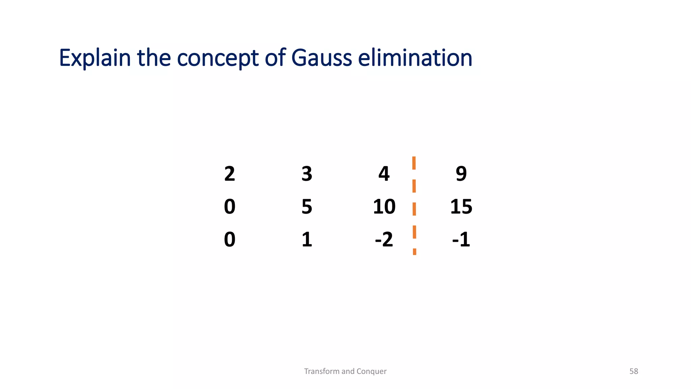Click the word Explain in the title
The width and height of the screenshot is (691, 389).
pyautogui.click(x=95, y=58)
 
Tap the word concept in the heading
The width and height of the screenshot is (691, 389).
pyautogui.click(x=218, y=58)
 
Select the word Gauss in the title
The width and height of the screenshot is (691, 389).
pyautogui.click(x=322, y=58)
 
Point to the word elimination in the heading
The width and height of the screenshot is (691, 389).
pyautogui.click(x=415, y=58)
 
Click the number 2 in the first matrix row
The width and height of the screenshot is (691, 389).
pyautogui.click(x=229, y=174)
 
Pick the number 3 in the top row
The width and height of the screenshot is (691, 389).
pyautogui.click(x=307, y=174)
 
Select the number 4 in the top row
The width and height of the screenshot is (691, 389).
pyautogui.click(x=384, y=174)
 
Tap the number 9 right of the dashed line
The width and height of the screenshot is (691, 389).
pyautogui.click(x=461, y=174)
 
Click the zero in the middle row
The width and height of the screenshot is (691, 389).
pyautogui.click(x=229, y=207)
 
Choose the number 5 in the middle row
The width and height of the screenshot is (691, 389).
pyautogui.click(x=307, y=207)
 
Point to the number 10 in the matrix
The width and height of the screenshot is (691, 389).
pyautogui.click(x=384, y=207)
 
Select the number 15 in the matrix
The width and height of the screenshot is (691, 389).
pyautogui.click(x=461, y=207)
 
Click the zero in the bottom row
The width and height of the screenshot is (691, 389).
pyautogui.click(x=229, y=239)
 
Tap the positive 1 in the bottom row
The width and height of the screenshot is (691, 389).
pyautogui.click(x=307, y=239)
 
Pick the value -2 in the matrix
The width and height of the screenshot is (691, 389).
pyautogui.click(x=384, y=239)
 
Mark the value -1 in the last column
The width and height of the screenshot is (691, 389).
pyautogui.click(x=461, y=239)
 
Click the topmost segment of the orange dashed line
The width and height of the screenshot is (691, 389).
pyautogui.click(x=414, y=163)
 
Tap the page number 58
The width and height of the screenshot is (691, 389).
pyautogui.click(x=634, y=371)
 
